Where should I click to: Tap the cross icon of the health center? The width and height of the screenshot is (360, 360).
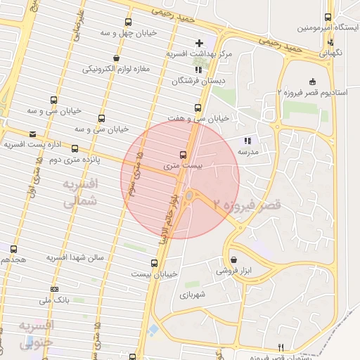pos(199,44)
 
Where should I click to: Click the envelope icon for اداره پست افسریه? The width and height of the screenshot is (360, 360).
pos(32,134)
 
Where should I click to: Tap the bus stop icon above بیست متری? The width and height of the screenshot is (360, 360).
pos(184,155)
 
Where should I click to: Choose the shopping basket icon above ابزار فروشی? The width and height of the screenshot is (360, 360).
pos(233,259)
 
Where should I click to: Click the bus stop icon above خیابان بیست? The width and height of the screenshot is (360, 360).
pos(155,264)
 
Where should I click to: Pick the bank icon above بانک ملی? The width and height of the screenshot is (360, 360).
pos(55,290)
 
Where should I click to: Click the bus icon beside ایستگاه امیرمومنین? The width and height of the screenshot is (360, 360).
pos(328,18)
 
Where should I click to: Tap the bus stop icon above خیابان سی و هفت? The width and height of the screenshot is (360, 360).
pos(197,108)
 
